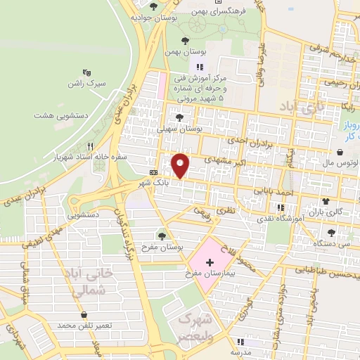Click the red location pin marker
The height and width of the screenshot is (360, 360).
(x=181, y=165)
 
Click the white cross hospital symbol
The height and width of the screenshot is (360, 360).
(x=210, y=261)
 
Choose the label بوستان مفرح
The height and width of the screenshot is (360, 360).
(x=163, y=248)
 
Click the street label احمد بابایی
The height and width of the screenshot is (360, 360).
(x=271, y=191)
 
